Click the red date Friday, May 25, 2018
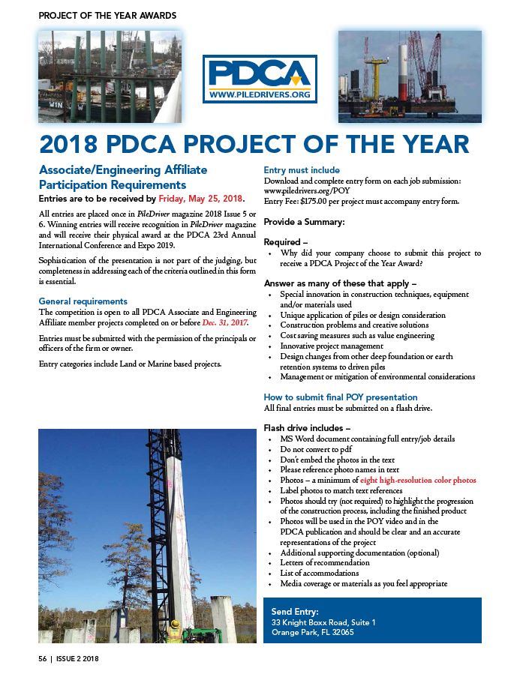[x=201, y=199]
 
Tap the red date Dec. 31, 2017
[x=225, y=322]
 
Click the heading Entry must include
[x=302, y=170]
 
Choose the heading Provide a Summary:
[x=304, y=223]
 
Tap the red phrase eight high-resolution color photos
[x=418, y=480]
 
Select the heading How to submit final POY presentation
[x=340, y=397]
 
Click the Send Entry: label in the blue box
[x=295, y=612]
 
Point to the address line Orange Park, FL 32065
[x=312, y=632]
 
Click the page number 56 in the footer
[x=43, y=658]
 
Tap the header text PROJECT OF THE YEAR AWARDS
[x=107, y=15]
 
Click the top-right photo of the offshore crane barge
[x=409, y=76]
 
